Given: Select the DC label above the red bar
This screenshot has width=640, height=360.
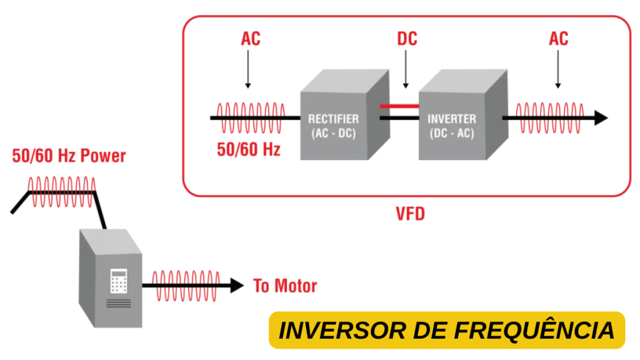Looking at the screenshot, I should (x=407, y=39).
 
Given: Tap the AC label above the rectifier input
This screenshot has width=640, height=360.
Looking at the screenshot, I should (x=250, y=39).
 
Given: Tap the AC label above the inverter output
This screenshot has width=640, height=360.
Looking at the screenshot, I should (x=558, y=39).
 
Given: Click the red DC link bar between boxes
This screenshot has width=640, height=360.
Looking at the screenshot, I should (x=399, y=107).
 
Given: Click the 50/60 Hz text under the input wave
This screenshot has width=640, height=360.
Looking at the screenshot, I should (x=248, y=149).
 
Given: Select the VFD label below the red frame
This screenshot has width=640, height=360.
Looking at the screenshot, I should (x=410, y=214).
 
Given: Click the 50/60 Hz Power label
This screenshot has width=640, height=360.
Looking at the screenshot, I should (x=69, y=156).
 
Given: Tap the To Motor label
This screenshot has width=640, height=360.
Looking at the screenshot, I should (x=284, y=286).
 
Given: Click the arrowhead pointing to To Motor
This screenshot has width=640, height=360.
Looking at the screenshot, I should (x=236, y=286).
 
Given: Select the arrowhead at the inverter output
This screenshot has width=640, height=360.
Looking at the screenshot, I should (x=600, y=117).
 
